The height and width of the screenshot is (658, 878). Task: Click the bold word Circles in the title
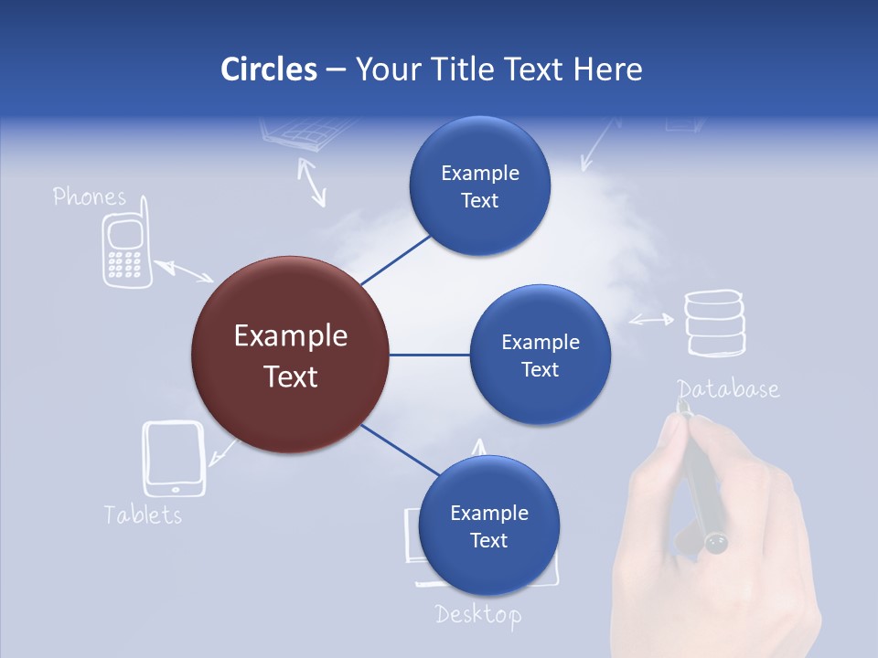point(268,69)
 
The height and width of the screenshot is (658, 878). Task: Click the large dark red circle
point(291,355)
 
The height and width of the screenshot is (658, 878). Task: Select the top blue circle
point(479,186)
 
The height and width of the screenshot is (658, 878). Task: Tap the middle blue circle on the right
point(540,356)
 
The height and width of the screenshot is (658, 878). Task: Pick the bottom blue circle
point(487,526)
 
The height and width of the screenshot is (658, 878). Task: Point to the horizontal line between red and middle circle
point(430,355)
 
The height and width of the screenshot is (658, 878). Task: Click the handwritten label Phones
point(89,196)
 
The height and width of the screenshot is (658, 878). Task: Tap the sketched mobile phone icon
point(123,250)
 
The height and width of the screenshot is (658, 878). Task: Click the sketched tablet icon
point(174,458)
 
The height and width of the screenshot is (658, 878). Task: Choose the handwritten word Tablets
point(143,515)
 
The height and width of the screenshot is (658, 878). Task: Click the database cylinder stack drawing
point(715,323)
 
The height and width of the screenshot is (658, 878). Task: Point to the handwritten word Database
point(728,389)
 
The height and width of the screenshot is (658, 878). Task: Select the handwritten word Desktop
point(478,615)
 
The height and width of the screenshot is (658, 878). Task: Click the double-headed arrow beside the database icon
point(651,320)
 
